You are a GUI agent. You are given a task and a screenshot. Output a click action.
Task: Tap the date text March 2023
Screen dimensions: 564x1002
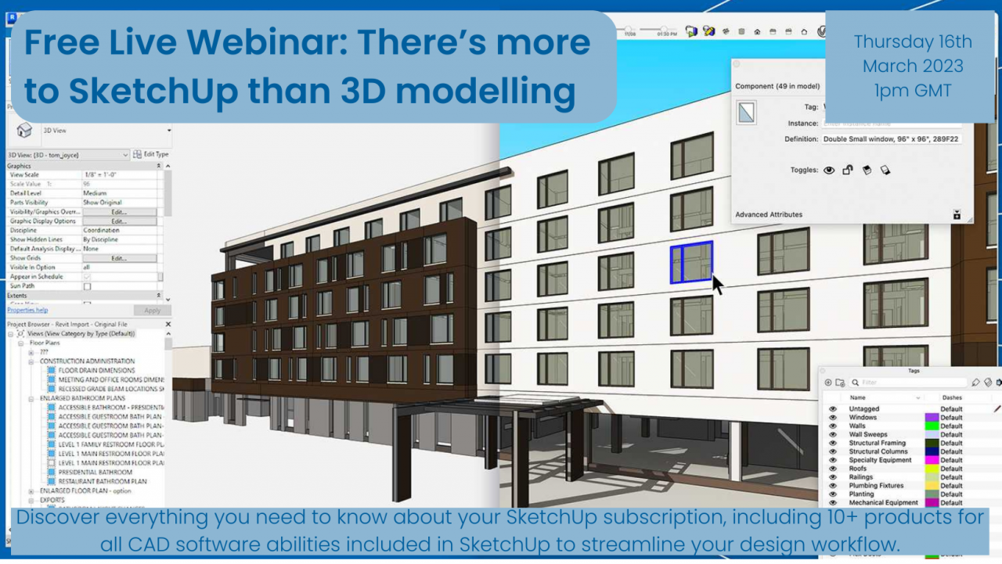tap(913, 66)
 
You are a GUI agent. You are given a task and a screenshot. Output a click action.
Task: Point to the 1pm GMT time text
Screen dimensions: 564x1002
tap(913, 90)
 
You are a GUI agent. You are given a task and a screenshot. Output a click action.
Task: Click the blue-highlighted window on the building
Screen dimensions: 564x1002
tap(691, 262)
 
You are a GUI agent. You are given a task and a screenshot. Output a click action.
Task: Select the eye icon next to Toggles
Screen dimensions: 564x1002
tap(829, 170)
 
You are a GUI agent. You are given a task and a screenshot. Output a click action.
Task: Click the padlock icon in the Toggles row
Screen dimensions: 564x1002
tap(848, 170)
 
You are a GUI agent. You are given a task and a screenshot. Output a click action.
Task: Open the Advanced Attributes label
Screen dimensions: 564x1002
tap(769, 214)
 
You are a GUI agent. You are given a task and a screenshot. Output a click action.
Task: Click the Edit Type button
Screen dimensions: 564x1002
tap(151, 155)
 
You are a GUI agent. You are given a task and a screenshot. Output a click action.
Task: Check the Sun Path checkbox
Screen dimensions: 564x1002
tap(87, 286)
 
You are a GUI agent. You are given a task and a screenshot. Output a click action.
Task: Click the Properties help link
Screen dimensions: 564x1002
tap(27, 311)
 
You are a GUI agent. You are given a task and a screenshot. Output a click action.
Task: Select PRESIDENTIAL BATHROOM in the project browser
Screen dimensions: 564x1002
tap(95, 472)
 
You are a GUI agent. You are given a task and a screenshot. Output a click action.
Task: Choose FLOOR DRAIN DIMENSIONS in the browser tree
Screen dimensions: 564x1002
tap(96, 370)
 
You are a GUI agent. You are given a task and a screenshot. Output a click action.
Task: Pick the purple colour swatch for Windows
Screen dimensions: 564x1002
tap(931, 418)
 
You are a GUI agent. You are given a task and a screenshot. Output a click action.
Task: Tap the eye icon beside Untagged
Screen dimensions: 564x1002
tap(832, 409)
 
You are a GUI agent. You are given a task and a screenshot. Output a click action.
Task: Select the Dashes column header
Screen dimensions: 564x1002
tap(952, 398)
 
